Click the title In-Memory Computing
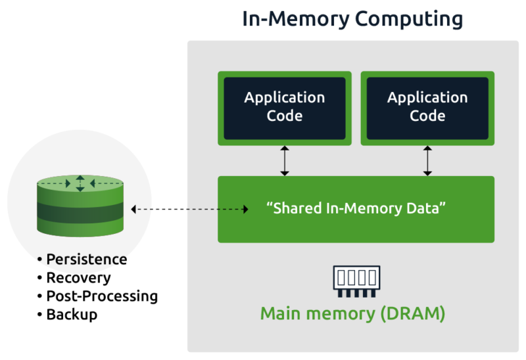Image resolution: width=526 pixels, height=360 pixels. (x=352, y=18)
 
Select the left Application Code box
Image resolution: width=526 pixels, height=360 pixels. (x=284, y=107)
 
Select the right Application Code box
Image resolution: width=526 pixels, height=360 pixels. (x=427, y=107)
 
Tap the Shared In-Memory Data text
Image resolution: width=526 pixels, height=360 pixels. (x=356, y=209)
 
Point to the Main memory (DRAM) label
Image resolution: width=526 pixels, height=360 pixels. (x=352, y=313)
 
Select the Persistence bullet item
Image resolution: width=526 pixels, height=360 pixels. (x=86, y=259)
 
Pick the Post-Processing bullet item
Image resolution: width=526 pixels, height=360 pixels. (x=101, y=296)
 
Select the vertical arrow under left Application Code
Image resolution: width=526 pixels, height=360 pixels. (x=285, y=161)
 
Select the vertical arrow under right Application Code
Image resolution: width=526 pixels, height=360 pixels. (x=427, y=161)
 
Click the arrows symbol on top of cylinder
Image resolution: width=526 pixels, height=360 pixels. (x=80, y=183)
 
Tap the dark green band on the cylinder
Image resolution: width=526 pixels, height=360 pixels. (x=80, y=211)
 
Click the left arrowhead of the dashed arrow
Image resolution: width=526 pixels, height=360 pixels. (x=134, y=209)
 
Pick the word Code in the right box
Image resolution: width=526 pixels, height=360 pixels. (x=427, y=116)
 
